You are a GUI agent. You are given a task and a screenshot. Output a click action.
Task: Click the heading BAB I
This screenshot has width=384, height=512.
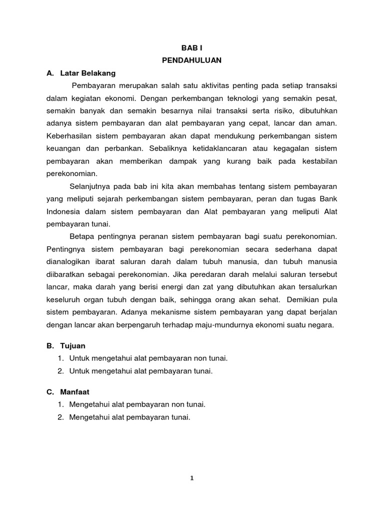191,47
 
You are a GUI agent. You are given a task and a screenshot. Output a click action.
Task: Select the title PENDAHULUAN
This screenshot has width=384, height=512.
191,60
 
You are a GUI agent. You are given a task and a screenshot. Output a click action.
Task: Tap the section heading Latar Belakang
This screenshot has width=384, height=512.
87,73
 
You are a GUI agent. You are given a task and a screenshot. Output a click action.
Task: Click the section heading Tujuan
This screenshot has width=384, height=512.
73,345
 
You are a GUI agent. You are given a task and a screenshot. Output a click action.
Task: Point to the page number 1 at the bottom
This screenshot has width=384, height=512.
191,477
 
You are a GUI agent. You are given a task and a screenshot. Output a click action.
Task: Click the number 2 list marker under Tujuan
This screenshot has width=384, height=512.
60,370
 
